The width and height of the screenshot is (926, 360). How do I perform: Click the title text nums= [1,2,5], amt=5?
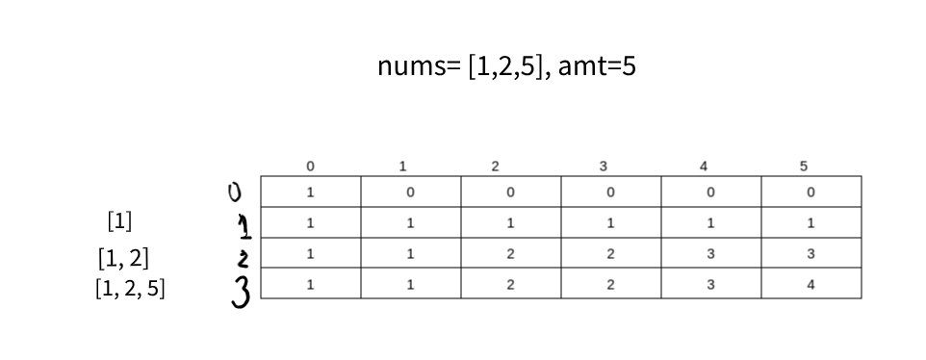tap(507, 68)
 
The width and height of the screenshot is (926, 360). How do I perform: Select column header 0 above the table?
tap(310, 167)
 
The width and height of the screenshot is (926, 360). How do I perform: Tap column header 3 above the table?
tap(604, 167)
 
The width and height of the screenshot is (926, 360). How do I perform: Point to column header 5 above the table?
tap(804, 167)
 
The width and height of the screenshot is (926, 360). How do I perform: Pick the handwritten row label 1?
tap(244, 226)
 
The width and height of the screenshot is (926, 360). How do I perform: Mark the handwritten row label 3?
tap(242, 288)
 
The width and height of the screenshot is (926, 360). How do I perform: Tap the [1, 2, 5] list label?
tap(130, 289)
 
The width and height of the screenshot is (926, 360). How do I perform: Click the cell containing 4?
tap(810, 285)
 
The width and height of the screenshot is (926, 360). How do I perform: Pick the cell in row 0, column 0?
tap(310, 192)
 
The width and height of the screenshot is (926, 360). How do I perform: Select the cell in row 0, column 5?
tap(810, 192)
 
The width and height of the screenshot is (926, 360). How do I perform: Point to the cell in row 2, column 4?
tap(710, 254)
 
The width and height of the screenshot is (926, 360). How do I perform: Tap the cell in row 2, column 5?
tap(810, 254)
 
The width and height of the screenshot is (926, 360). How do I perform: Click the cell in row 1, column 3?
tap(609, 222)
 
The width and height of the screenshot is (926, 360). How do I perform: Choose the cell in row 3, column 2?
tap(509, 285)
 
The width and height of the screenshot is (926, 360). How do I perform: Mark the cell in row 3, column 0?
tap(310, 285)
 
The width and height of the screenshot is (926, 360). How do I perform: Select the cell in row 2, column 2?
tap(509, 254)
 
